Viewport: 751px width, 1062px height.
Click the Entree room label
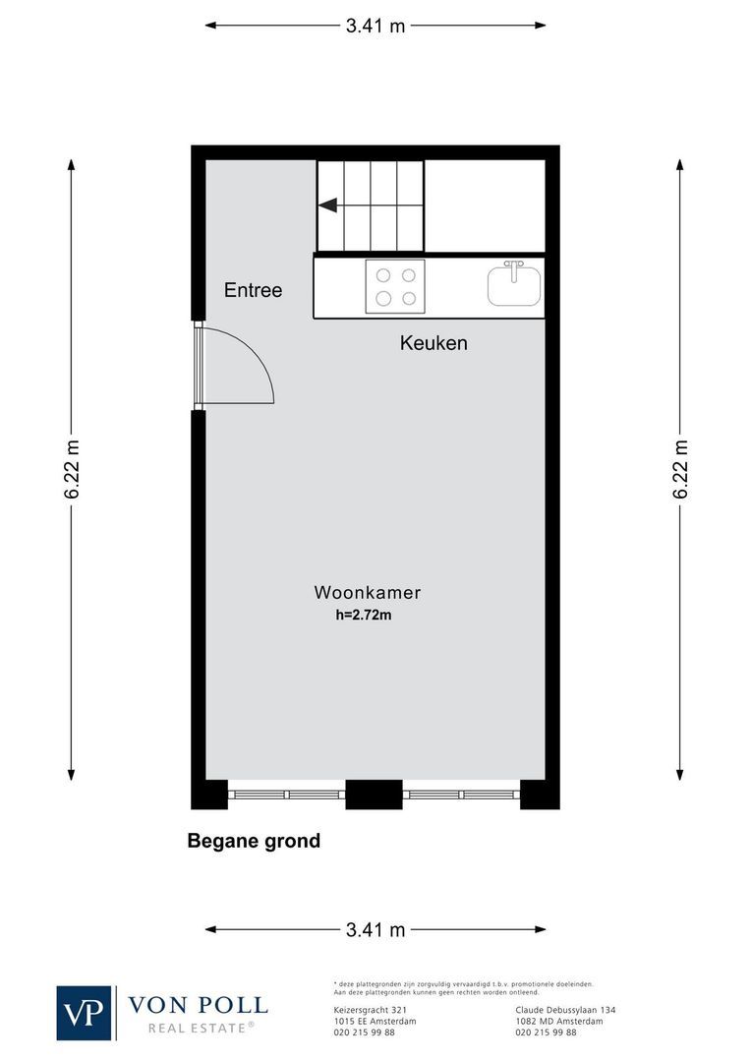pos(253,290)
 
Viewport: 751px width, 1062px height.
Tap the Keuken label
pos(433,343)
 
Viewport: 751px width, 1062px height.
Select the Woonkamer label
pos(368,592)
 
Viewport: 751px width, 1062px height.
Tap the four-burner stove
pos(395,286)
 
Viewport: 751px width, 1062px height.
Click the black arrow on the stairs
pos(328,206)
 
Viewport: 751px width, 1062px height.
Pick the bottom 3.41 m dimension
pos(375,929)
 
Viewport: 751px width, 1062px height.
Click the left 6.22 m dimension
pos(72,469)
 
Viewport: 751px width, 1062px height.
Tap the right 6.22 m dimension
pos(680,469)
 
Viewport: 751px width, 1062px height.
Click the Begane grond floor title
pos(254,841)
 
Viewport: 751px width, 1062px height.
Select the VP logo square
pos(85,1012)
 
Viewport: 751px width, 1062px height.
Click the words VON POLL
pos(198,1005)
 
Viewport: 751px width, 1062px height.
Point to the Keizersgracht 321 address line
pos(365,1010)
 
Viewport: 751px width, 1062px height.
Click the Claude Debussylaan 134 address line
pos(565,1010)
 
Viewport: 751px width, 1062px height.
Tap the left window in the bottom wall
pos(286,794)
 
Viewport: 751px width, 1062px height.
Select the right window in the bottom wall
pos(462,794)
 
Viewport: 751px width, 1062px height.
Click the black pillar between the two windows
pos(374,794)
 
